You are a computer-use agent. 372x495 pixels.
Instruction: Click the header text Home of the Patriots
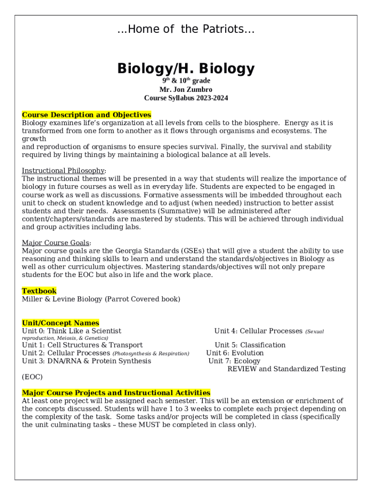(x=186, y=29)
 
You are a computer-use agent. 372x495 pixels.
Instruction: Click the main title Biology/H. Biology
(x=186, y=69)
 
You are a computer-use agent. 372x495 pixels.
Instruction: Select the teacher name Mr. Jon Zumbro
(x=186, y=89)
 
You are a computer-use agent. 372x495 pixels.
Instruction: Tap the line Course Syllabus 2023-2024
(x=186, y=98)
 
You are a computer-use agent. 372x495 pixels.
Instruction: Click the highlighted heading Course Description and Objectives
(x=86, y=115)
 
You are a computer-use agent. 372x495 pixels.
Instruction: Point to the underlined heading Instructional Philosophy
(x=63, y=171)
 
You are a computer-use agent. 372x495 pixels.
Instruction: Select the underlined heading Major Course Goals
(x=56, y=243)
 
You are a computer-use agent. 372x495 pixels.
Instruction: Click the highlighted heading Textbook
(x=39, y=291)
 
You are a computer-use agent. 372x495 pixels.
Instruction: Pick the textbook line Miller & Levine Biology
(x=101, y=299)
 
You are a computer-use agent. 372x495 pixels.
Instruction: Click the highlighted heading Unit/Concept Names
(x=60, y=323)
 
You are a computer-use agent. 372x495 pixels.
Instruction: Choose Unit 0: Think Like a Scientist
(x=72, y=331)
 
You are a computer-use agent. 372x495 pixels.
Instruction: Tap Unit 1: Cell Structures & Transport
(x=82, y=345)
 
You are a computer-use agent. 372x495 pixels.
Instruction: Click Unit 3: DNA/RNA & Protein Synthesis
(x=86, y=361)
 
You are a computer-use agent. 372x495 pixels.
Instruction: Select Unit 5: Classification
(x=250, y=345)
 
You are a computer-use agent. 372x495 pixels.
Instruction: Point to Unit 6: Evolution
(x=235, y=353)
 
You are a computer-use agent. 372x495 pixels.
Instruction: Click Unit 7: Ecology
(x=234, y=361)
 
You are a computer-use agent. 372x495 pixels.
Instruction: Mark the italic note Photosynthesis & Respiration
(x=151, y=354)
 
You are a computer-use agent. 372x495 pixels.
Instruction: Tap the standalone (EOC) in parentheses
(x=32, y=377)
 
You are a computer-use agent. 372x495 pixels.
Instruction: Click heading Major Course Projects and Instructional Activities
(x=116, y=393)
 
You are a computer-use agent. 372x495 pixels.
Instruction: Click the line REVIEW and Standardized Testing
(x=286, y=369)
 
